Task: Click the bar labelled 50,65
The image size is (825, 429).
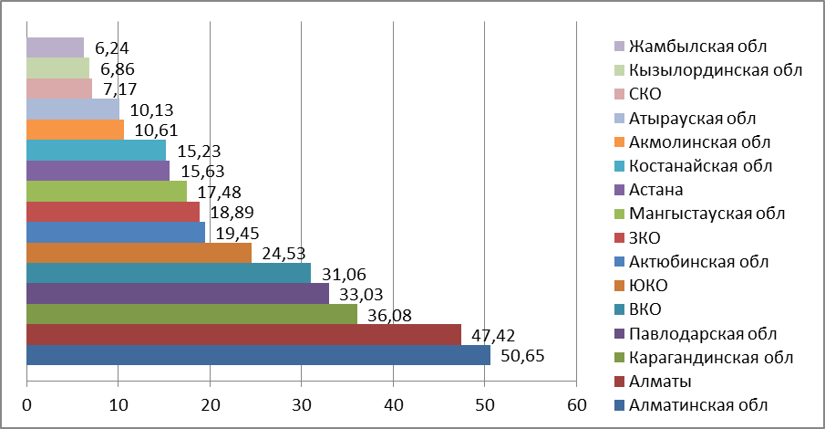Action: click(x=259, y=355)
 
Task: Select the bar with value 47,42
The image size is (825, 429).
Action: click(x=244, y=334)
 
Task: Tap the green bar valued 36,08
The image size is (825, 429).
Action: click(x=192, y=314)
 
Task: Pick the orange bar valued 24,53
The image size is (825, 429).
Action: click(x=139, y=252)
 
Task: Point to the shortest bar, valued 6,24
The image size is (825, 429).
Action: click(x=56, y=47)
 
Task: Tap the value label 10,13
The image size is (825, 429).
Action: click(x=147, y=110)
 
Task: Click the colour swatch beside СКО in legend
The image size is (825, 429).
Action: click(x=620, y=94)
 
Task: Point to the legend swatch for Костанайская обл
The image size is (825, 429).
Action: click(x=620, y=166)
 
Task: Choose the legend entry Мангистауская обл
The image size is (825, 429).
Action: click(x=707, y=213)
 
